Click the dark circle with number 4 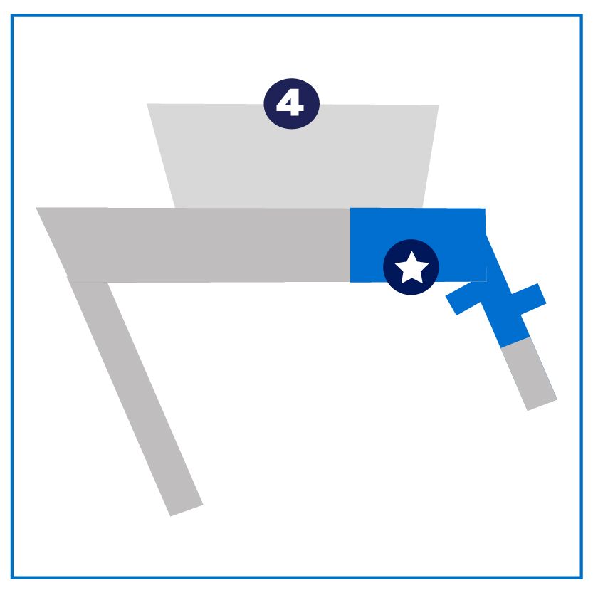291,104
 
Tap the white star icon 411,268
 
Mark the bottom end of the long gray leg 187,510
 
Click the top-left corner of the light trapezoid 147,104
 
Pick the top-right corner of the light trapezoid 439,105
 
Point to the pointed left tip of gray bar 38,209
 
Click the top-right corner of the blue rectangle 485,209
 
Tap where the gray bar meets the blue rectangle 350,245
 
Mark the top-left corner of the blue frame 12,16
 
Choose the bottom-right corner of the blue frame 581,577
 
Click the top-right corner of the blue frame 581,16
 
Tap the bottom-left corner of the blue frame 12,577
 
